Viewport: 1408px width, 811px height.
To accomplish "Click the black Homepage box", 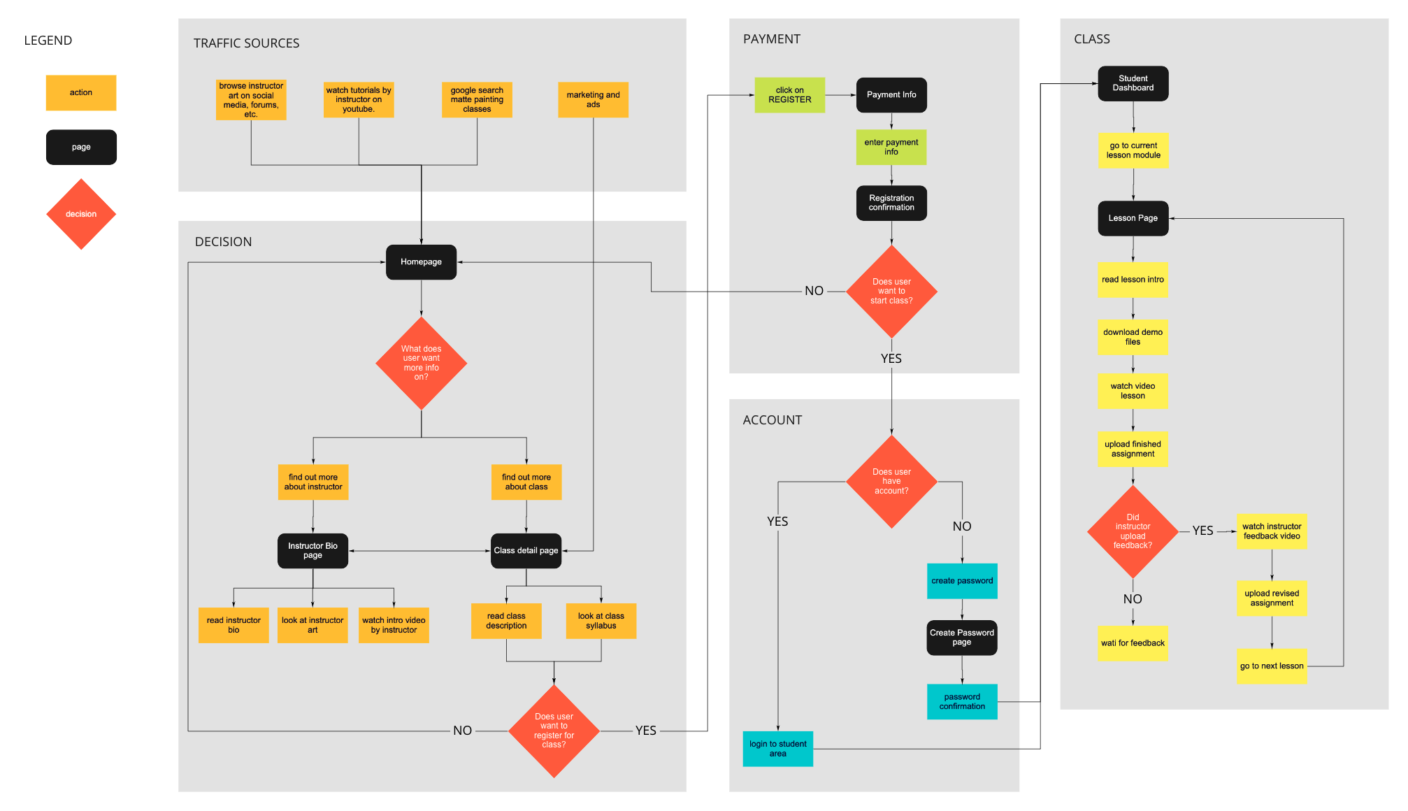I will (421, 262).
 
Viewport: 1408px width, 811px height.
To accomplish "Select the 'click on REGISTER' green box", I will (789, 95).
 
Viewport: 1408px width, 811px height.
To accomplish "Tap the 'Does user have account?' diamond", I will (891, 482).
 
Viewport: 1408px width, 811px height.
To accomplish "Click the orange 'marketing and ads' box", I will (593, 100).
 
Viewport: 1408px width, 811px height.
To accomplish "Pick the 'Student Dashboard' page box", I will (1133, 83).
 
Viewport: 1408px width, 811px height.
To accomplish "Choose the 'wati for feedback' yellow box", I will (1133, 643).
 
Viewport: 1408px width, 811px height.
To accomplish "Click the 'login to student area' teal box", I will (777, 749).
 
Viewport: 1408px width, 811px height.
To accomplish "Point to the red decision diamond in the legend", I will (81, 214).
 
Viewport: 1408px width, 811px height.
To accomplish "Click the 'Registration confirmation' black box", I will (891, 203).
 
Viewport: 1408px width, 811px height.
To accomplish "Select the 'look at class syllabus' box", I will (601, 621).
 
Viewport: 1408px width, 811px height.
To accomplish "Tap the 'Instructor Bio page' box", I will (313, 551).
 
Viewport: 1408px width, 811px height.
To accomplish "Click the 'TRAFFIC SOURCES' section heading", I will (246, 43).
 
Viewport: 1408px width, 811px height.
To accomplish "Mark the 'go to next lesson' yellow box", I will (1271, 666).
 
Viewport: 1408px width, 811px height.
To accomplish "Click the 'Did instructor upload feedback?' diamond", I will (1133, 531).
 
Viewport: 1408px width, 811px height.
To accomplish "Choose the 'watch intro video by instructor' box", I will (394, 625).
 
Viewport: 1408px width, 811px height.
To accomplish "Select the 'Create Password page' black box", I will (961, 638).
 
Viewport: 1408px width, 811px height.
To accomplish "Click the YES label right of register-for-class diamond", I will (645, 731).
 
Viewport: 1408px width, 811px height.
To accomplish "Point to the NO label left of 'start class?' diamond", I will (814, 291).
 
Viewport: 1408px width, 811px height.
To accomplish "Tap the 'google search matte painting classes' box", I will (477, 100).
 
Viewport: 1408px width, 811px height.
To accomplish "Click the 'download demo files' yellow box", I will (1133, 337).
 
